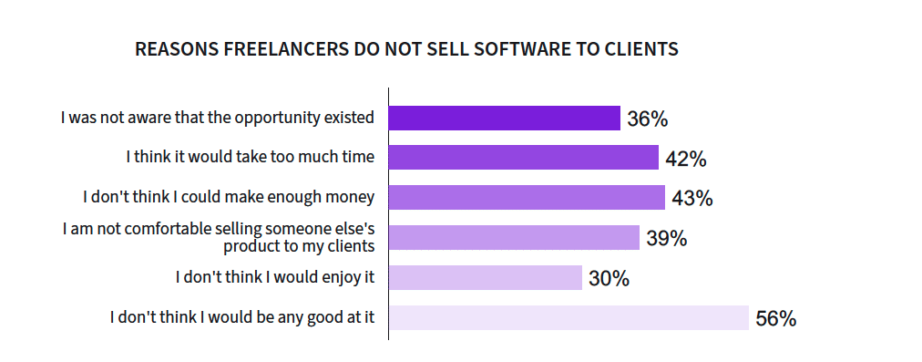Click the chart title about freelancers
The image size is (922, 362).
(406, 49)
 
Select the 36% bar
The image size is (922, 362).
(505, 118)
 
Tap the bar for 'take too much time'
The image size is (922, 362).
(524, 157)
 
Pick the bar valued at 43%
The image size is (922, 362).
(527, 197)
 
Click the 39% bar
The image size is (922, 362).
(515, 237)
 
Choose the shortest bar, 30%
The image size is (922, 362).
(486, 277)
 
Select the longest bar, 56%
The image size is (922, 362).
(569, 317)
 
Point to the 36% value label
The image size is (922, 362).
(648, 119)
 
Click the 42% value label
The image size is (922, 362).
(686, 159)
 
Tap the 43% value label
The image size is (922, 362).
(692, 199)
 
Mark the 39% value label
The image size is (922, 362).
(667, 238)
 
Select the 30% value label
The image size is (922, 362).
(610, 278)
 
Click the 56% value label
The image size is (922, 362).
(776, 318)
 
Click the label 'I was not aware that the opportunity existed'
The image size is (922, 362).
(218, 118)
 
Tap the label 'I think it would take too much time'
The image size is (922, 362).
(251, 157)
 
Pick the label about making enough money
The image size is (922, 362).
(229, 197)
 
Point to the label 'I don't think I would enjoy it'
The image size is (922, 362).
(275, 276)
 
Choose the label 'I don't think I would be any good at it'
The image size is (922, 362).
(242, 317)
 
